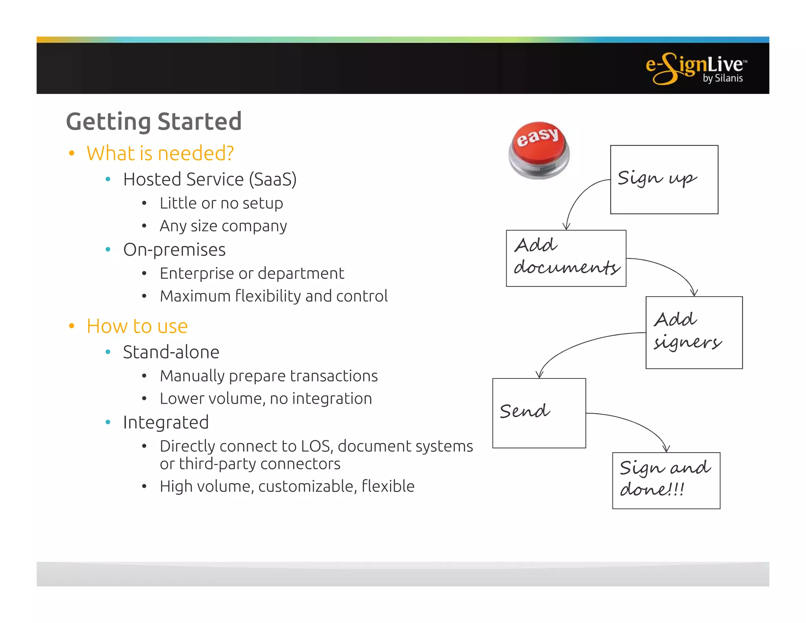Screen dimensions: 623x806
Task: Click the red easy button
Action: click(538, 150)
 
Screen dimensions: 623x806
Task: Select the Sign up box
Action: click(664, 180)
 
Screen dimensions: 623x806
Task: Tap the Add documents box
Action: click(566, 258)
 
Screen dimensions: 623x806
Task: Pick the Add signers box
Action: click(694, 332)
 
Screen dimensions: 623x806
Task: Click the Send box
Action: click(539, 413)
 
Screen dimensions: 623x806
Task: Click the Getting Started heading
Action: click(153, 121)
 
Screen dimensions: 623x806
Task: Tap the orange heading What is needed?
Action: click(160, 153)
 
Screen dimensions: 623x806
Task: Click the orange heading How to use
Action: click(137, 326)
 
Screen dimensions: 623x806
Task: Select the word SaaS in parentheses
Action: click(272, 180)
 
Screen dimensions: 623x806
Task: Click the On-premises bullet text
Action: click(174, 250)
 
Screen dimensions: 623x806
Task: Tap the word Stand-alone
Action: click(171, 352)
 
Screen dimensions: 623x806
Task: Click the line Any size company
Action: click(223, 226)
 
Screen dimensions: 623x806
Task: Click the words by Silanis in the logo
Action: click(723, 78)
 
